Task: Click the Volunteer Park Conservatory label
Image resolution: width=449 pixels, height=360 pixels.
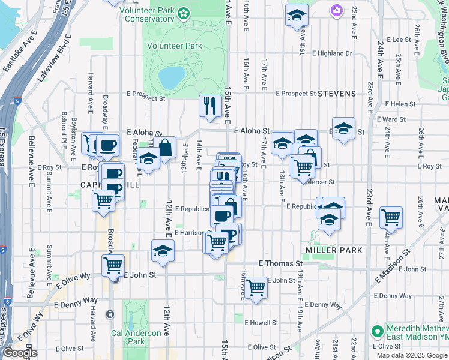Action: (x=155, y=15)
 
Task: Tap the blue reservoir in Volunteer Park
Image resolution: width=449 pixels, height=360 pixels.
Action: (x=172, y=76)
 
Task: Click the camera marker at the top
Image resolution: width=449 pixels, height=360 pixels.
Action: (x=336, y=10)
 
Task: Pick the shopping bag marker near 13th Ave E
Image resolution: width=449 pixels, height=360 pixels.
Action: (x=164, y=147)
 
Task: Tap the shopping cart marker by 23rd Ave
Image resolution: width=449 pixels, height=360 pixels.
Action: (x=391, y=217)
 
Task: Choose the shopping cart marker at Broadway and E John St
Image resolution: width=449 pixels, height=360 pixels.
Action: (x=113, y=265)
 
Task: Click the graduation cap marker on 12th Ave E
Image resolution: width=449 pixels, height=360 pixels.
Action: (x=162, y=251)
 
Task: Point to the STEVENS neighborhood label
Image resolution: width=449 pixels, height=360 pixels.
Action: (x=337, y=94)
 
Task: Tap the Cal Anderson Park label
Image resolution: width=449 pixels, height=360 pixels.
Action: (x=136, y=337)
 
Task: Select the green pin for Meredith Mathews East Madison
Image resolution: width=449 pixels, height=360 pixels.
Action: (x=377, y=331)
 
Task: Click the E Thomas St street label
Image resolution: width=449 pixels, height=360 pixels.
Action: (x=280, y=263)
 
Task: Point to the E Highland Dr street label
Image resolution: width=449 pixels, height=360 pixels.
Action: (x=332, y=53)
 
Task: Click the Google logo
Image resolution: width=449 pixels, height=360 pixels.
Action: (x=19, y=353)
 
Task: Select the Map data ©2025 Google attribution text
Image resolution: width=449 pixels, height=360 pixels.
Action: (x=412, y=355)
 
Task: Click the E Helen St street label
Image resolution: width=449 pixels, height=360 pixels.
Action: (x=411, y=104)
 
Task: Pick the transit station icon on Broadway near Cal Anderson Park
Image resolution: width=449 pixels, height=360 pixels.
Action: (x=110, y=314)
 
